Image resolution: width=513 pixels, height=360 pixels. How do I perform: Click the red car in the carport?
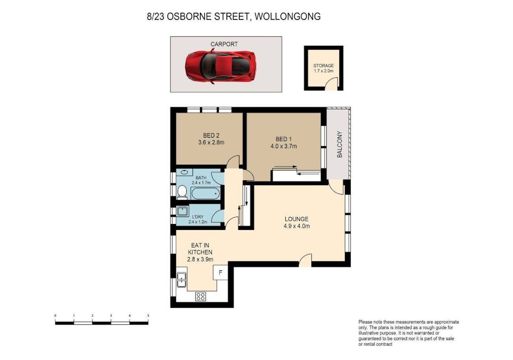(x=221, y=66)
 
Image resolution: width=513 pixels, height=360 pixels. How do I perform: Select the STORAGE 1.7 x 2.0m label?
(x=323, y=68)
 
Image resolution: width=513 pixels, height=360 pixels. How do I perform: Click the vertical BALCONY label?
(x=339, y=145)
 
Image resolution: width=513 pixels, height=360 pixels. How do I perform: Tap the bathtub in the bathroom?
(x=205, y=193)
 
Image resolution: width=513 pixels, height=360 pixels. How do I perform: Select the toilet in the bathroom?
(x=182, y=192)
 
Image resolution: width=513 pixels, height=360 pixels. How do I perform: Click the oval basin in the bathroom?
(x=184, y=173)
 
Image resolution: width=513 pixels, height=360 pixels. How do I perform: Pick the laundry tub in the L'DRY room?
(x=182, y=210)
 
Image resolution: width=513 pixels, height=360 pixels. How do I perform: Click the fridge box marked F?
(x=221, y=272)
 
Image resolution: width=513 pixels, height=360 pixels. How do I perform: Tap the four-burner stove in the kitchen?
(x=201, y=297)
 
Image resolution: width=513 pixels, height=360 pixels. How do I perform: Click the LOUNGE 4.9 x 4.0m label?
(x=296, y=222)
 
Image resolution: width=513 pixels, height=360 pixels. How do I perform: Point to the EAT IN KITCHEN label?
(x=200, y=251)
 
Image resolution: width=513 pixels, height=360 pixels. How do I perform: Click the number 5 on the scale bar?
(x=148, y=316)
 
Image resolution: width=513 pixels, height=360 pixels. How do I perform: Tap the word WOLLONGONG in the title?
(x=288, y=17)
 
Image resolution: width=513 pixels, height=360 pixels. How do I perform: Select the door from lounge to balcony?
(x=335, y=187)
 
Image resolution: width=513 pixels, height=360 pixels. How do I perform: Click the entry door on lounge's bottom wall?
(x=305, y=259)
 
